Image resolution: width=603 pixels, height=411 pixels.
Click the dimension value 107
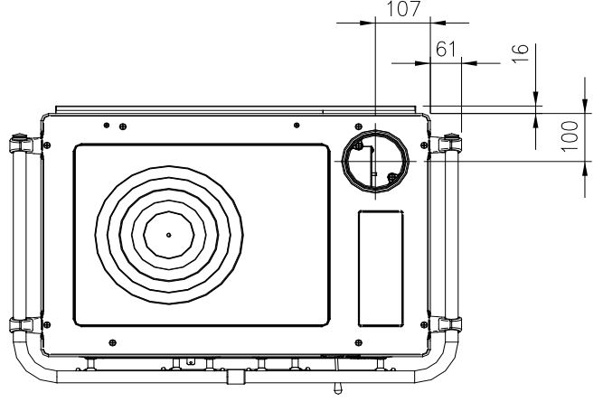(x=403, y=9)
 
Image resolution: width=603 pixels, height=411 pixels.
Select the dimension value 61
(x=446, y=49)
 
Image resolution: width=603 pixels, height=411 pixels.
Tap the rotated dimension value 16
(x=521, y=53)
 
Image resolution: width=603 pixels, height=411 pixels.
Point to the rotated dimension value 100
(x=570, y=136)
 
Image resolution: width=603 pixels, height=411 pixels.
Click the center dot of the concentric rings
(x=168, y=235)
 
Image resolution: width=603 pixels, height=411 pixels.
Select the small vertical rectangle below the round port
(x=381, y=268)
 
